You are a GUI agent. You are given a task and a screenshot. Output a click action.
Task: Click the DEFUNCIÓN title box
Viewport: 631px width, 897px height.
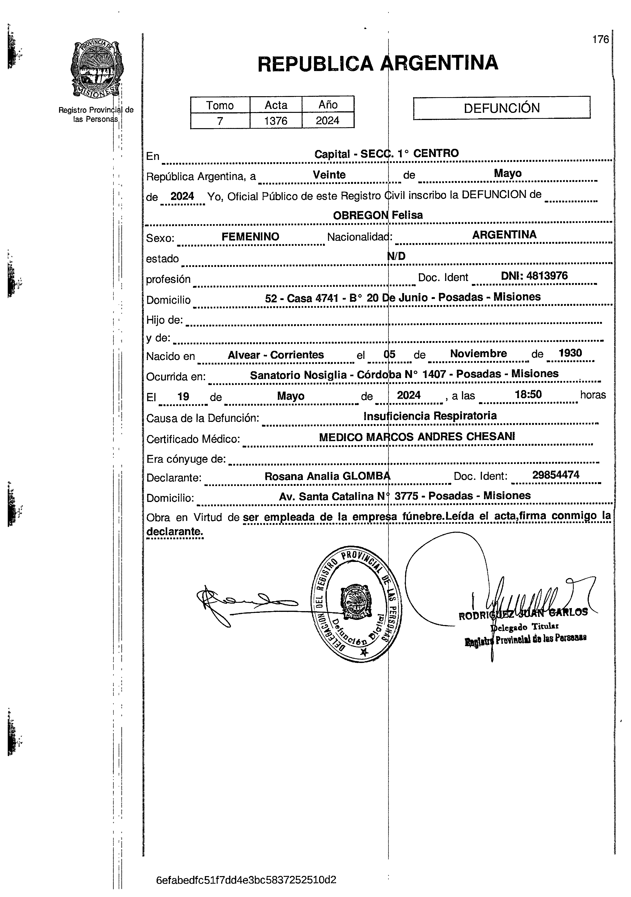(x=502, y=108)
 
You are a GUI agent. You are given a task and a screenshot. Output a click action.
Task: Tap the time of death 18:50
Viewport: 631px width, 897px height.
(x=528, y=394)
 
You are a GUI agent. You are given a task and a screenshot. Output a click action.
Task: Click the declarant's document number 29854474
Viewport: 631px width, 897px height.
(x=556, y=475)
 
